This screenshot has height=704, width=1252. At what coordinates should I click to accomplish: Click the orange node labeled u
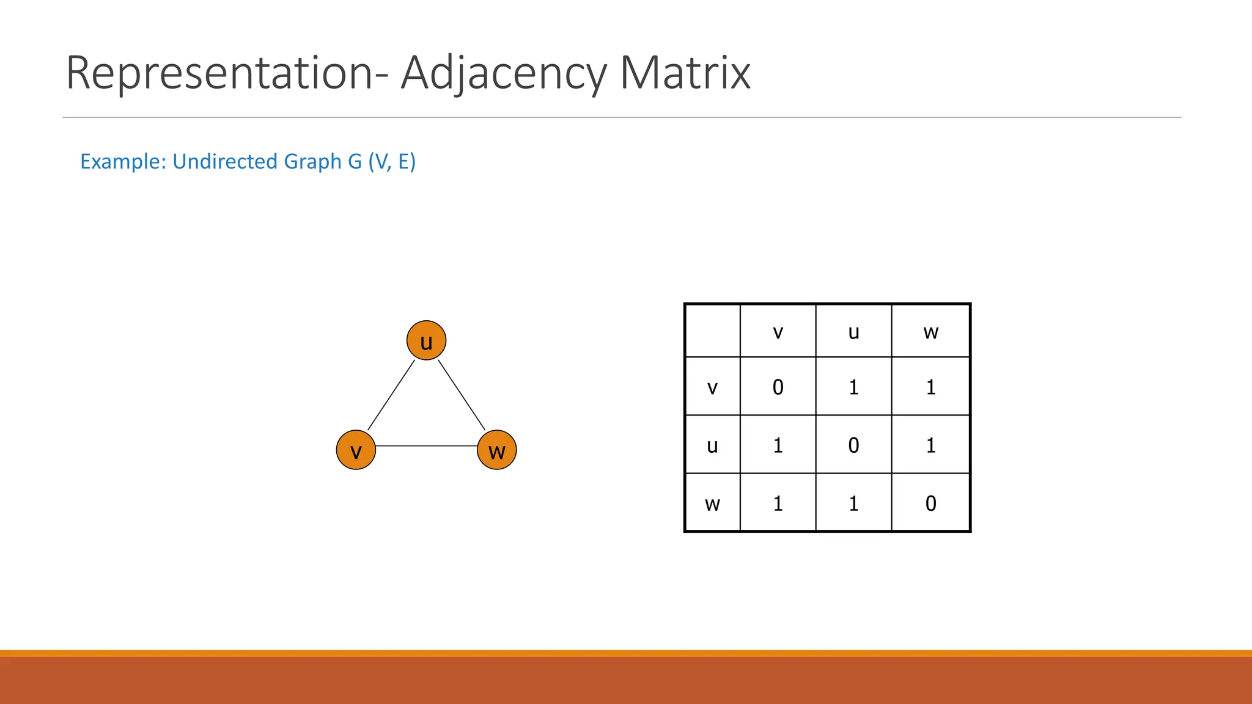[426, 340]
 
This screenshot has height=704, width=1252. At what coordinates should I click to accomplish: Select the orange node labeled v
[356, 450]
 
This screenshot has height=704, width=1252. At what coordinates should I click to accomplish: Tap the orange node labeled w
[497, 450]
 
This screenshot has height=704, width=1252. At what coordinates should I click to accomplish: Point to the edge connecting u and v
[391, 395]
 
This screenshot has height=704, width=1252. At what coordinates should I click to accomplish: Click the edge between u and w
[462, 395]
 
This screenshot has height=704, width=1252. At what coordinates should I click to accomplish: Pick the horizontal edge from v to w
[426, 446]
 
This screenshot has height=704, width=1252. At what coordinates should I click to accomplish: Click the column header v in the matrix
[778, 331]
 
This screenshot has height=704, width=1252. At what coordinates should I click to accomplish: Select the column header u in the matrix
[853, 331]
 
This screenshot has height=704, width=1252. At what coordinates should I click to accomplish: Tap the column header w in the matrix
[930, 331]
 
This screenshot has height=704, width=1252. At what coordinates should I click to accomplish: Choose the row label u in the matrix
[712, 445]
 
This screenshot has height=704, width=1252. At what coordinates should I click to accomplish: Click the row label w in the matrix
[712, 504]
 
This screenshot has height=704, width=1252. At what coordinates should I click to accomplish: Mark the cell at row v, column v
[778, 387]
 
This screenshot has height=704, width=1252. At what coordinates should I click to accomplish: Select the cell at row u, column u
[853, 445]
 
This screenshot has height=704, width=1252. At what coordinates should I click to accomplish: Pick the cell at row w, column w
[930, 504]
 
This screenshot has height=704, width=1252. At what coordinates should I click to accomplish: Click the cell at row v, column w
[930, 387]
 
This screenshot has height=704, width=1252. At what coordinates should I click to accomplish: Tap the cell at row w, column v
[778, 504]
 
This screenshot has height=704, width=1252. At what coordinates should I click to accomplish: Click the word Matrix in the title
[685, 73]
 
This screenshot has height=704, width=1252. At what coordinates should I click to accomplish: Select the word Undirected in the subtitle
[226, 161]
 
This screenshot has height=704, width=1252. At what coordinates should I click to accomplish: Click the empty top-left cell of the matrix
[712, 331]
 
